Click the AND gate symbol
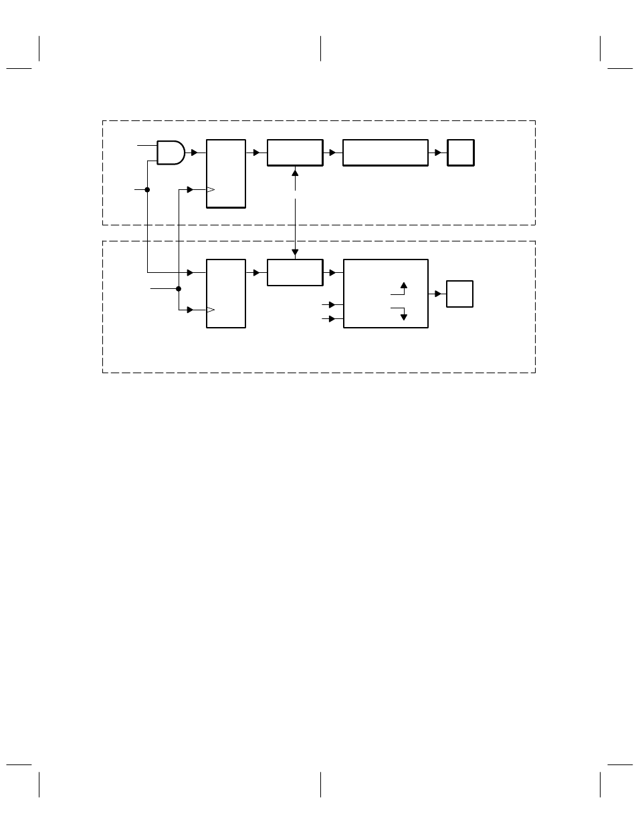pyautogui.click(x=170, y=152)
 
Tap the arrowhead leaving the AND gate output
pyautogui.click(x=194, y=152)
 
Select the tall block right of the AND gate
pyautogui.click(x=226, y=173)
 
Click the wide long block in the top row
pyautogui.click(x=385, y=152)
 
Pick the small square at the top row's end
pyautogui.click(x=461, y=152)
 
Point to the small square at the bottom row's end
pyautogui.click(x=459, y=294)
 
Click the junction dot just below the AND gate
pyautogui.click(x=147, y=189)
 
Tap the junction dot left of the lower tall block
pyautogui.click(x=179, y=289)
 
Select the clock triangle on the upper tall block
pyautogui.click(x=210, y=190)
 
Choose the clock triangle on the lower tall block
pyautogui.click(x=210, y=310)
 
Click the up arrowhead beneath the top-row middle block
pyautogui.click(x=295, y=173)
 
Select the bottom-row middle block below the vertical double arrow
pyautogui.click(x=295, y=272)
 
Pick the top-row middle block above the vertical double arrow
pyautogui.click(x=295, y=152)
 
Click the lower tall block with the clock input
pyautogui.click(x=226, y=294)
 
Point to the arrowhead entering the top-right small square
pyautogui.click(x=439, y=152)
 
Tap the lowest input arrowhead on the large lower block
pyautogui.click(x=332, y=319)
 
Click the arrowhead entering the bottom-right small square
pyautogui.click(x=438, y=294)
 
